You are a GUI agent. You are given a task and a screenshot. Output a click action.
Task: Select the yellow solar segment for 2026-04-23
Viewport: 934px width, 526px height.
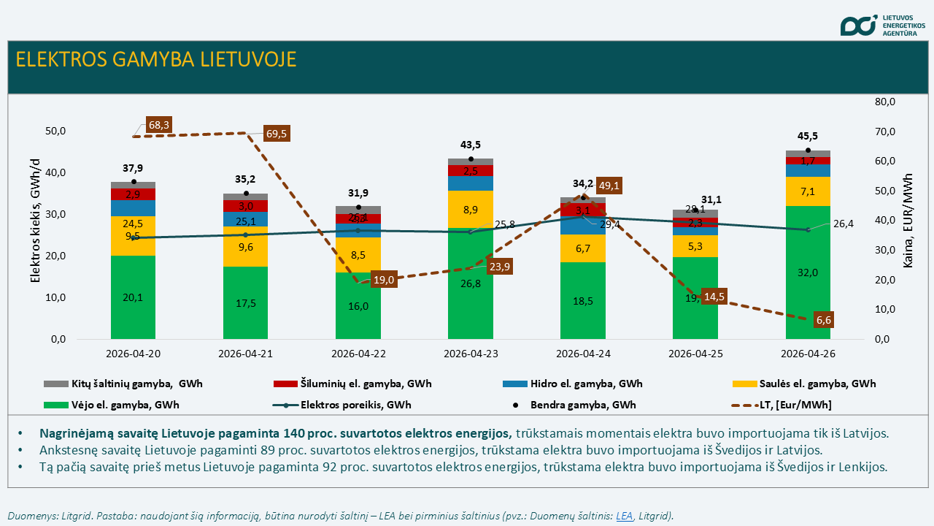tap(471, 210)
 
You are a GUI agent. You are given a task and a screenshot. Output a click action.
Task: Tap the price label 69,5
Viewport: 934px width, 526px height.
tap(277, 134)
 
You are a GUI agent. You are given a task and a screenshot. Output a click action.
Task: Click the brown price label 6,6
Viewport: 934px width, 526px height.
tap(824, 320)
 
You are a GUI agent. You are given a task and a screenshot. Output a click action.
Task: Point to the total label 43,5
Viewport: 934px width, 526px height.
tap(471, 145)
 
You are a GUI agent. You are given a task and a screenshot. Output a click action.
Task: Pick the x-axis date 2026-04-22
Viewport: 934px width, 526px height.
tap(358, 354)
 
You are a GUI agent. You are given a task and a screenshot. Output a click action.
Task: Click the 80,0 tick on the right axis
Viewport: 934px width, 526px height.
tap(884, 102)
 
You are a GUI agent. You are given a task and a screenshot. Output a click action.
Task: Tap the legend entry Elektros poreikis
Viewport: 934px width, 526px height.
tap(350, 405)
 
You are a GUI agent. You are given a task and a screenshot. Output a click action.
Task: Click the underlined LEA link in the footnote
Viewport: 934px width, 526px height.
tap(624, 516)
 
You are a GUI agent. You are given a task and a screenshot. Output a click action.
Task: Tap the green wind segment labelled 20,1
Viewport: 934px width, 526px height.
tap(134, 297)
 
